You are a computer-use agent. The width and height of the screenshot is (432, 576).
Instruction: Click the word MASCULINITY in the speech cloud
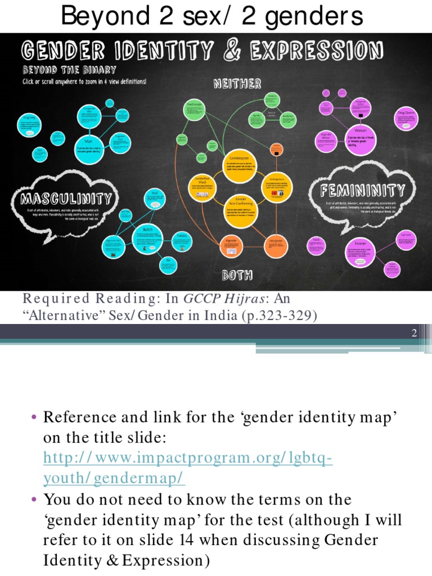(x=66, y=199)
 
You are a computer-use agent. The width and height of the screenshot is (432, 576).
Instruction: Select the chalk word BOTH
(x=237, y=275)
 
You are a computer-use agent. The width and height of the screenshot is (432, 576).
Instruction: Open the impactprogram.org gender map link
(x=187, y=468)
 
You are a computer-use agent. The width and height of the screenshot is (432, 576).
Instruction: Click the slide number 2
(x=413, y=334)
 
